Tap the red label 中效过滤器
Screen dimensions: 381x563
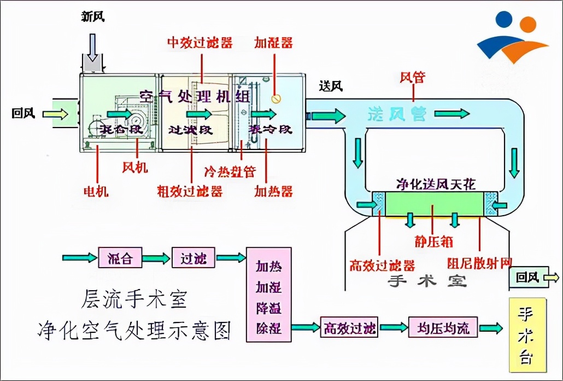(200, 43)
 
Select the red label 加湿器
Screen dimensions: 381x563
(273, 43)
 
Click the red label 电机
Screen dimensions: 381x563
(96, 191)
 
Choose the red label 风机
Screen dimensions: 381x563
(134, 167)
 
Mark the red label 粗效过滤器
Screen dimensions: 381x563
(190, 191)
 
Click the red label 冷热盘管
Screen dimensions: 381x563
(230, 171)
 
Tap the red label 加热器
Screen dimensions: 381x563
(273, 191)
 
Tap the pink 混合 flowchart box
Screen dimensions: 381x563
(120, 257)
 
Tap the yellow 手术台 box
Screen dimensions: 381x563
(527, 334)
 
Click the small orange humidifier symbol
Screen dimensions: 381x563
(277, 99)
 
